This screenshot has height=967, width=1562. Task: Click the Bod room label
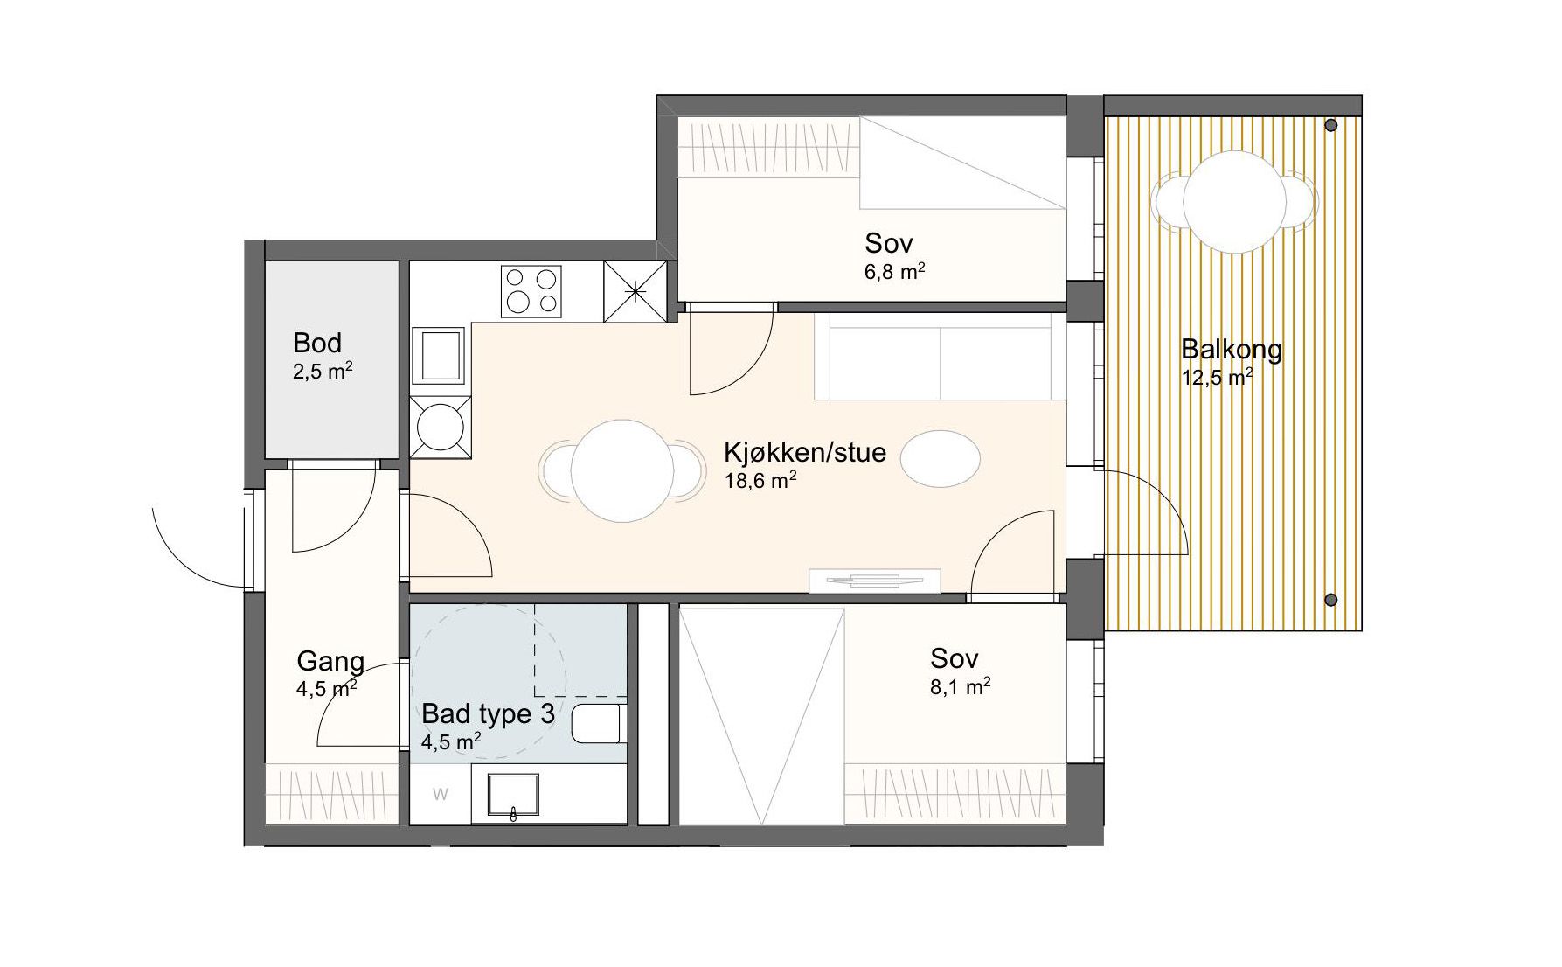pyautogui.click(x=317, y=343)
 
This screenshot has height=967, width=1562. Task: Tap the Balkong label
pyautogui.click(x=1232, y=350)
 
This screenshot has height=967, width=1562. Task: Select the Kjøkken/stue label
pyautogui.click(x=805, y=452)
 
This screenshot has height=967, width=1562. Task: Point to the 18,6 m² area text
pyautogui.click(x=760, y=480)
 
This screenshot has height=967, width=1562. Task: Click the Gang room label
pyautogui.click(x=330, y=661)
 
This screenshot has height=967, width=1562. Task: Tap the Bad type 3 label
pyautogui.click(x=488, y=713)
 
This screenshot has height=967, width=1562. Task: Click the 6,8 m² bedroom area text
pyautogui.click(x=895, y=271)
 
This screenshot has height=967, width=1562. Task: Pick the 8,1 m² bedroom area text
pyautogui.click(x=961, y=686)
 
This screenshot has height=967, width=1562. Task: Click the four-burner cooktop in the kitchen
pyautogui.click(x=531, y=291)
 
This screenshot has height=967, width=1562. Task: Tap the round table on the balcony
pyautogui.click(x=1235, y=202)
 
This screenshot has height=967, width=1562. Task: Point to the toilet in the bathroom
pyautogui.click(x=599, y=725)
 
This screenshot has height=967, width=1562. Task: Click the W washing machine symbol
pyautogui.click(x=441, y=794)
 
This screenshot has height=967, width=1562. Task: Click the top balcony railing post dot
pyautogui.click(x=1331, y=126)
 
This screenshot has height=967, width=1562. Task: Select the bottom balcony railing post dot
pyautogui.click(x=1331, y=600)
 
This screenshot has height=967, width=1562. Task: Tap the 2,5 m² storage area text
pyautogui.click(x=323, y=372)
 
